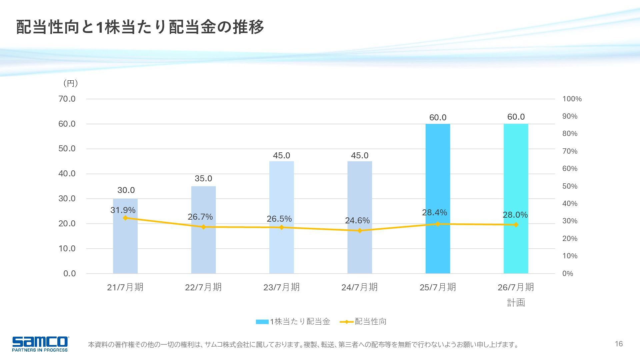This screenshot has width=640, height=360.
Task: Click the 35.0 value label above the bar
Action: click(x=203, y=179)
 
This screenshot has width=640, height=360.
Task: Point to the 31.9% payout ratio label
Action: click(x=123, y=210)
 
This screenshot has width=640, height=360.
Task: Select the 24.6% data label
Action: click(x=357, y=221)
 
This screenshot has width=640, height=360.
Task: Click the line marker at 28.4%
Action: click(x=438, y=224)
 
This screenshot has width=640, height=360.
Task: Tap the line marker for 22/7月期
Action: click(x=203, y=227)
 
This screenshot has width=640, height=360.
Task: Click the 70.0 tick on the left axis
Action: click(x=67, y=99)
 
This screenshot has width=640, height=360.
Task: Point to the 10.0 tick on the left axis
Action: click(x=67, y=249)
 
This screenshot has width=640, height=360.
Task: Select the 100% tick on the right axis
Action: click(x=572, y=99)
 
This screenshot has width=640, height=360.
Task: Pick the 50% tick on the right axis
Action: click(x=570, y=186)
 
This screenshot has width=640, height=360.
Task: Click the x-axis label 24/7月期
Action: click(x=359, y=287)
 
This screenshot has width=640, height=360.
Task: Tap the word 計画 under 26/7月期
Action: click(x=516, y=303)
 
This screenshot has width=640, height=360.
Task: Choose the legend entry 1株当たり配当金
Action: click(x=293, y=322)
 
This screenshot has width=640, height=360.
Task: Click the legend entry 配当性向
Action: click(x=363, y=322)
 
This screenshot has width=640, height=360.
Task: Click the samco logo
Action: click(x=40, y=344)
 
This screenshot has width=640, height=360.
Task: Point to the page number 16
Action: click(x=619, y=344)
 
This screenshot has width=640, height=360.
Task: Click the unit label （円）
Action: click(x=71, y=83)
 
